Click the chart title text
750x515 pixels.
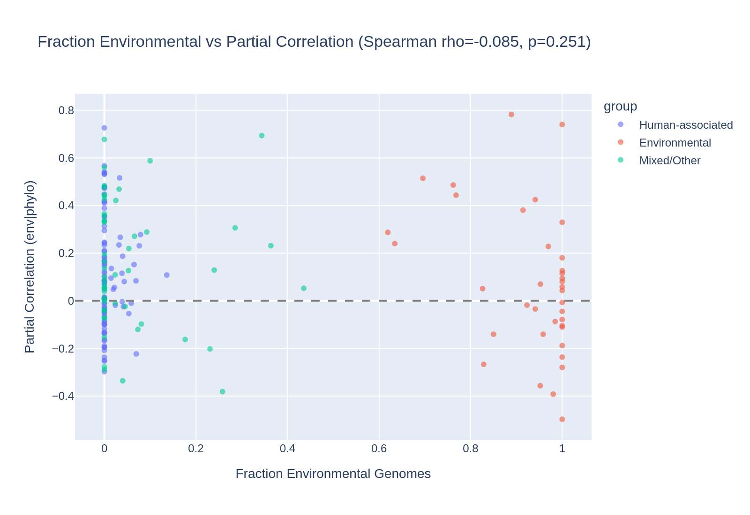pyautogui.click(x=314, y=42)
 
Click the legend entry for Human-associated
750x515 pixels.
pyautogui.click(x=686, y=125)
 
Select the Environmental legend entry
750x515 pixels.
pyautogui.click(x=675, y=143)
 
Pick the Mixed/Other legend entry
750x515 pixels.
pyautogui.click(x=669, y=161)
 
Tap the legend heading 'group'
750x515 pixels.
pyautogui.click(x=620, y=106)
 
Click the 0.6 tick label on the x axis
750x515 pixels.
pyautogui.click(x=379, y=449)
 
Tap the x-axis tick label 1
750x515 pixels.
pyautogui.click(x=562, y=449)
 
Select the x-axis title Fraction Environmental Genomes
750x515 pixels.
pyautogui.click(x=333, y=474)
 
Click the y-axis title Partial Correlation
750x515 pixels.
pyautogui.click(x=30, y=267)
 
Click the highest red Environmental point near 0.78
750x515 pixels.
pyautogui.click(x=511, y=114)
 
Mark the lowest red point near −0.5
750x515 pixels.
pyautogui.click(x=562, y=419)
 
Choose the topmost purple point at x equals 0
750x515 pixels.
pyautogui.click(x=104, y=128)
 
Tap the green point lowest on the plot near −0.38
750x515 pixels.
pyautogui.click(x=222, y=391)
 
